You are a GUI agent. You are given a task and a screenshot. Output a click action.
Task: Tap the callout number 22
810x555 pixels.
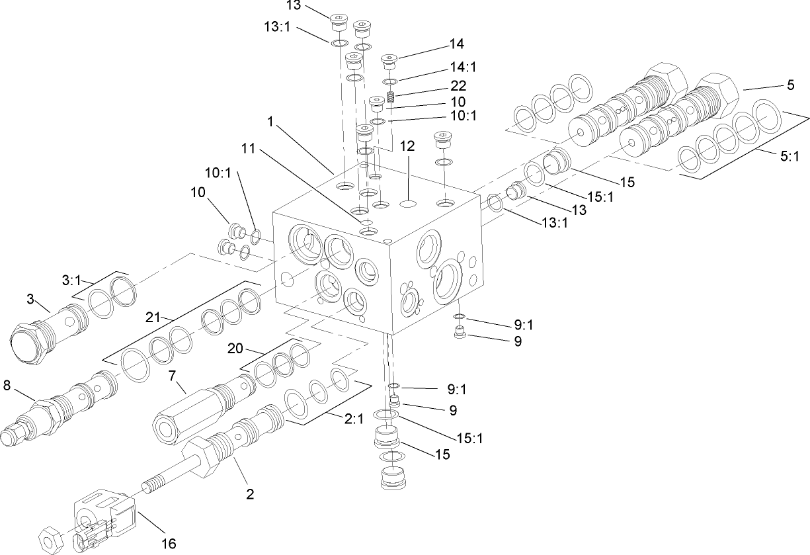click(458, 85)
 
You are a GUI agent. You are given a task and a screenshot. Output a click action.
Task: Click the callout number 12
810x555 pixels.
click(407, 146)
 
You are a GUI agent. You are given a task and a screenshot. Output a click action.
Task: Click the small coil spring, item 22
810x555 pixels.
click(391, 98)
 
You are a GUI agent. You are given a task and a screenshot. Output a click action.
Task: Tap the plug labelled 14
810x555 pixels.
click(390, 63)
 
